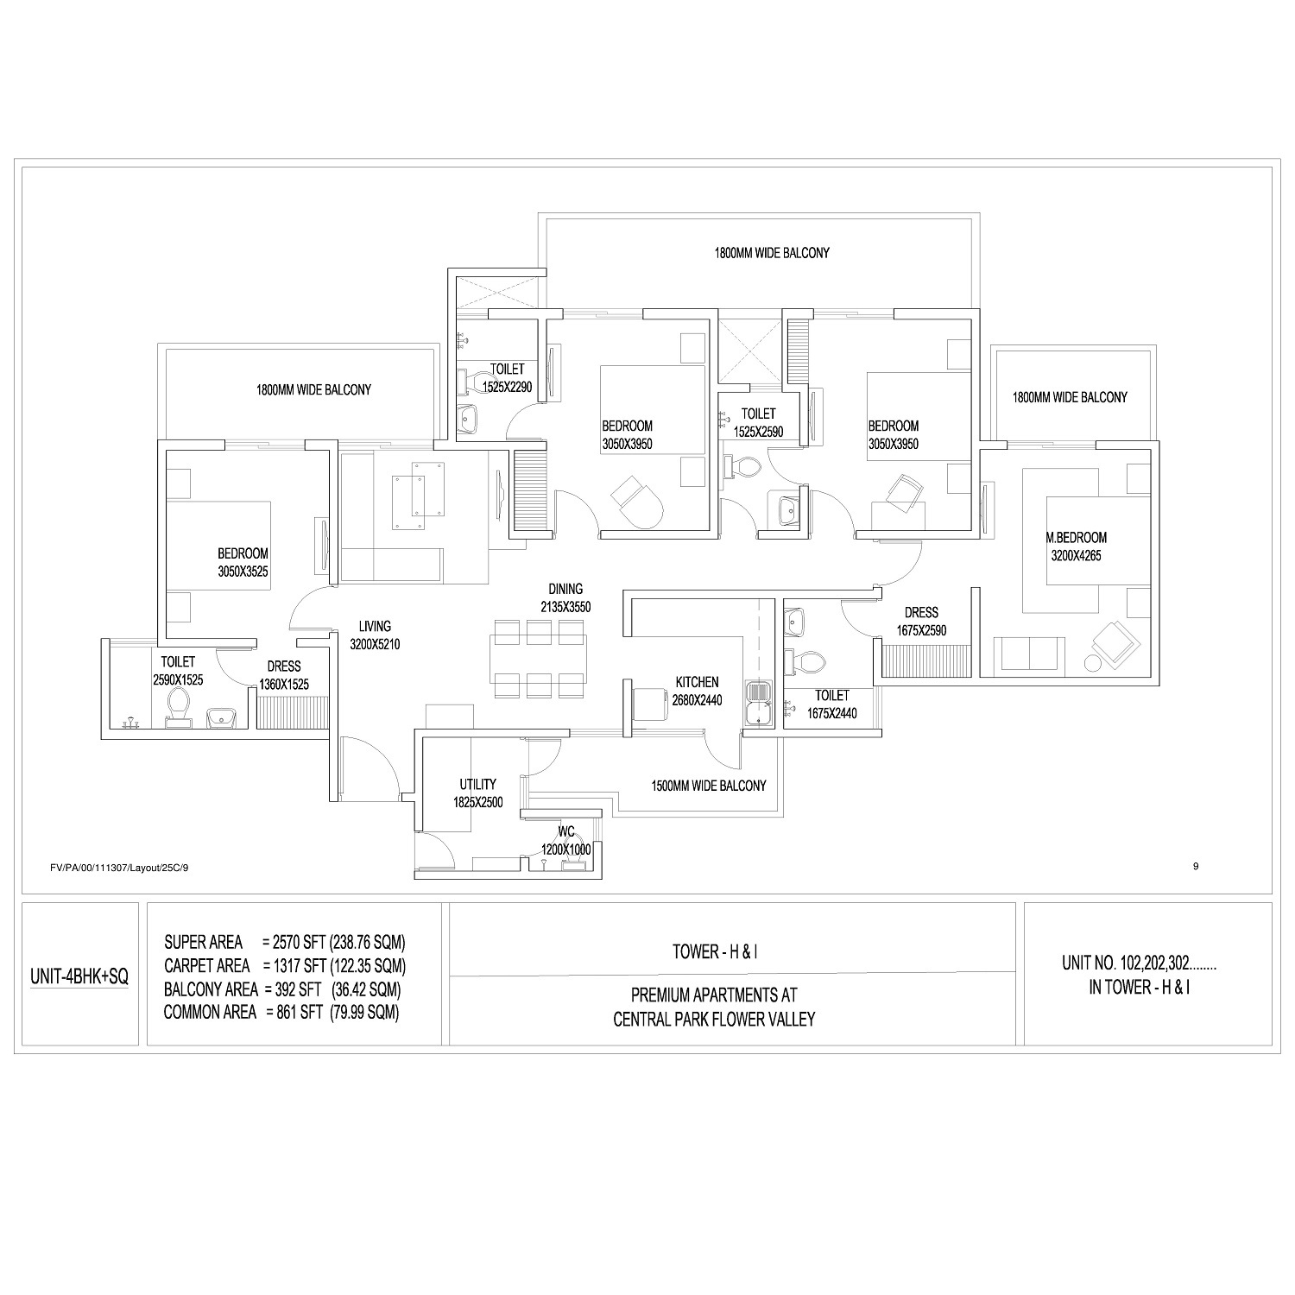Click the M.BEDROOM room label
[x=1077, y=537]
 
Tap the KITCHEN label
[x=697, y=682]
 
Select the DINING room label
[x=565, y=590]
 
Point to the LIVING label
[x=376, y=627]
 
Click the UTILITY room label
[x=477, y=784]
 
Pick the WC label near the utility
[x=566, y=831]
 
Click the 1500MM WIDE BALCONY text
[x=709, y=786]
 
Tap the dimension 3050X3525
[x=243, y=572]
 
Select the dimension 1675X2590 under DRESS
[x=920, y=630]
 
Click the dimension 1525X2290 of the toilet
[x=507, y=387]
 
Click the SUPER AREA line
[x=285, y=941]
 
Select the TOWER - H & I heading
[x=715, y=952]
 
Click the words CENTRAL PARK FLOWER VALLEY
[x=714, y=1020]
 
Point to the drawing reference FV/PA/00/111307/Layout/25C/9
[x=119, y=868]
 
